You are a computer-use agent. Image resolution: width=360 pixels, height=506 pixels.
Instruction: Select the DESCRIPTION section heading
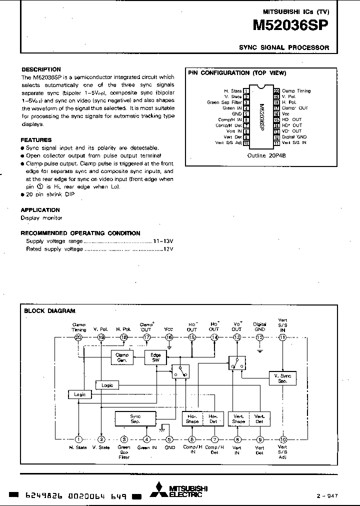41,69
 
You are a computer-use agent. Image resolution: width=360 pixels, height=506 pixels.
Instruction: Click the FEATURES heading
36,140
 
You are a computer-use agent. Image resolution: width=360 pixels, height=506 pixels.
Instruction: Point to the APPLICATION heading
40,210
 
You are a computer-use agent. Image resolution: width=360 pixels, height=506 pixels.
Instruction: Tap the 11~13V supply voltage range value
163,241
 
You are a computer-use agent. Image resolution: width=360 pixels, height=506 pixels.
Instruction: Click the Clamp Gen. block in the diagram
122,357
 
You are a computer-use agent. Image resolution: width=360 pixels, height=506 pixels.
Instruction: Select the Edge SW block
155,357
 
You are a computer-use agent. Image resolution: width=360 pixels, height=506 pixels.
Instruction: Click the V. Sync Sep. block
282,377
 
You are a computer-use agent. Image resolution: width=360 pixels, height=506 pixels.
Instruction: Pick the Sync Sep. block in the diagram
135,418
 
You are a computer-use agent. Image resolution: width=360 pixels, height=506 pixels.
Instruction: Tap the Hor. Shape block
192,418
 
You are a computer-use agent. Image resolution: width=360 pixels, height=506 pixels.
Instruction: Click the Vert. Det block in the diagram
259,418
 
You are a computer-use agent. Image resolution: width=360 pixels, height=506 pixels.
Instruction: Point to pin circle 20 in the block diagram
78,337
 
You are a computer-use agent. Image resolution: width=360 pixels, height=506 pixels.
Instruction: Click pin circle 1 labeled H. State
78,439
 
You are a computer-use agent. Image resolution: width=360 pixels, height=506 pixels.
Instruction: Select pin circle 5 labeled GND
169,439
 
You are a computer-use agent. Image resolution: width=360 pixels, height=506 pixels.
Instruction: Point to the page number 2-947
328,495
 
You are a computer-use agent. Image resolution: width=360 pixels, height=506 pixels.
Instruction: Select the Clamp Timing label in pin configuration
296,91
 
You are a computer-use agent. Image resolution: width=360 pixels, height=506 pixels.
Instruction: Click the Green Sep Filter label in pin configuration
224,102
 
